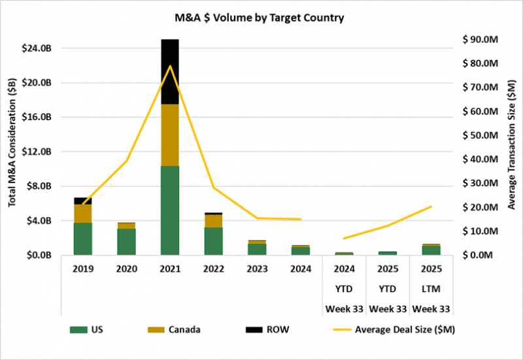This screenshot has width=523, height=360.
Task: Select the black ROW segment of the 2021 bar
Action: pos(170,72)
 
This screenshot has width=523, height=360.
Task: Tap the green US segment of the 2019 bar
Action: pos(83,238)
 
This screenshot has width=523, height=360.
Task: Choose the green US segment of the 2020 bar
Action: pos(126,242)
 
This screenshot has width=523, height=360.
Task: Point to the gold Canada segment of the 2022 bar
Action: pos(213,221)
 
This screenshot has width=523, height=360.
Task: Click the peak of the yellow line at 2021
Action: pos(170,66)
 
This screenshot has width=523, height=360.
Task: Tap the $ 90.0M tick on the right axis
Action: pos(481,39)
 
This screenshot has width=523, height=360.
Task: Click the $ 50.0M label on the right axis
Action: pos(481,135)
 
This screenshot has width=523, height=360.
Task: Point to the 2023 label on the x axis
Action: pos(256,268)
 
